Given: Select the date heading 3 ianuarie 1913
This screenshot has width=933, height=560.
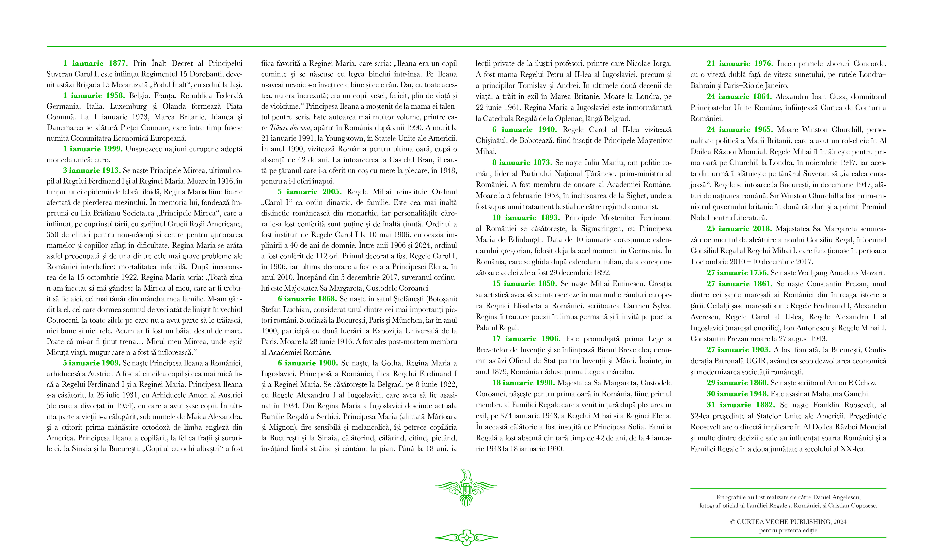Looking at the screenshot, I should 92,170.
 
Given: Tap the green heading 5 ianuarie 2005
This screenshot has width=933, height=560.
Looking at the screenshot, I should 309,192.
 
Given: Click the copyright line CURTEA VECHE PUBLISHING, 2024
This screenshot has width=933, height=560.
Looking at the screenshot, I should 788,522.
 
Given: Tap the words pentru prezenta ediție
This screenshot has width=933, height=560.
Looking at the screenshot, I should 788,530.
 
